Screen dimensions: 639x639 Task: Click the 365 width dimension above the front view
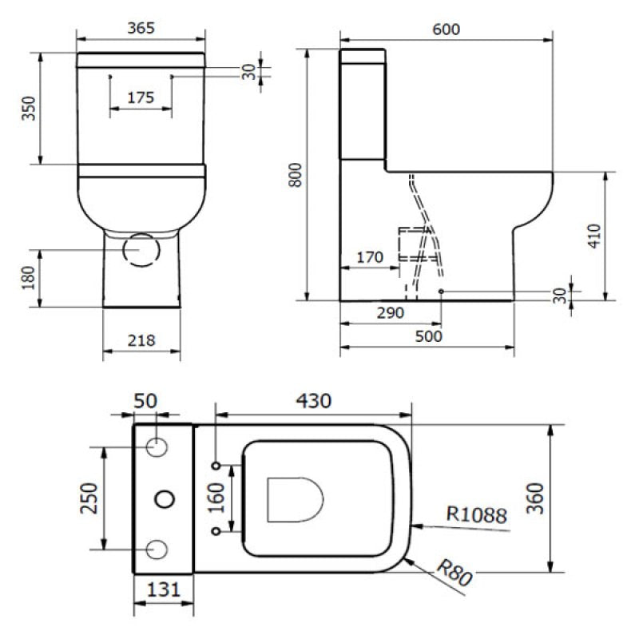click(x=140, y=27)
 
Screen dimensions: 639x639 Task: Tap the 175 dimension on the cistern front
click(x=140, y=97)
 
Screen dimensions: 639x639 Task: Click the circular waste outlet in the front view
click(x=141, y=249)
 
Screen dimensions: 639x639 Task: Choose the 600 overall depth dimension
click(x=446, y=29)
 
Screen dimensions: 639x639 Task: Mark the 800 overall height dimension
click(x=295, y=174)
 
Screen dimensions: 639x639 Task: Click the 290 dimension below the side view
click(x=391, y=312)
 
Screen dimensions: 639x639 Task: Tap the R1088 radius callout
click(x=478, y=517)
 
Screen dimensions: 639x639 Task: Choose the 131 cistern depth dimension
click(x=162, y=592)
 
